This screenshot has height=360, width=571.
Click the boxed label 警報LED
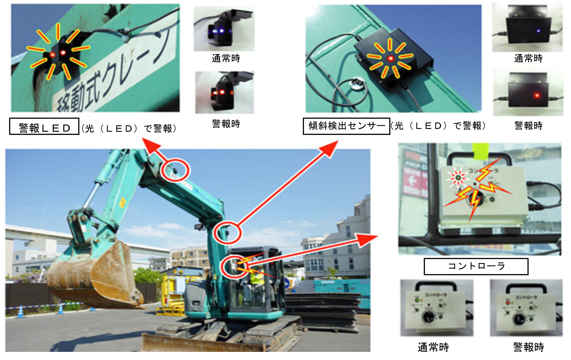(x=44, y=126)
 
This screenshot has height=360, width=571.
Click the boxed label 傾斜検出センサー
(x=346, y=126)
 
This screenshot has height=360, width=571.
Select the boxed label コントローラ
(x=476, y=266)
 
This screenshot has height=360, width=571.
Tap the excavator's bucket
(x=94, y=276)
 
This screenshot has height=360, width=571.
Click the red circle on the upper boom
(x=175, y=170)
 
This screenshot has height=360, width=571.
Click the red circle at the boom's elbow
(x=227, y=233)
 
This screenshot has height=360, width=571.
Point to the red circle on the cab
(x=234, y=266)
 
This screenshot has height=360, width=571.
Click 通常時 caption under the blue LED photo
(x=226, y=58)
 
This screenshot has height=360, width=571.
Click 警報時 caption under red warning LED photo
(x=226, y=124)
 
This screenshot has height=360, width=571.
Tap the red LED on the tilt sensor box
(x=390, y=58)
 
